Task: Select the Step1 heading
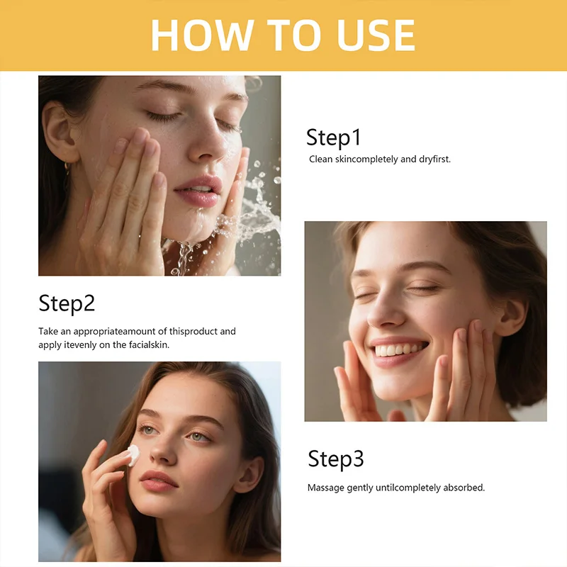click(x=334, y=137)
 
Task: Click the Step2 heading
click(x=67, y=303)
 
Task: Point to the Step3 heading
click(x=335, y=459)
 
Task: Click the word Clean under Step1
click(x=321, y=159)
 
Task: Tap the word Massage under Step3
click(x=325, y=488)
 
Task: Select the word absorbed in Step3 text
click(x=464, y=488)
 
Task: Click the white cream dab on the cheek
click(x=133, y=455)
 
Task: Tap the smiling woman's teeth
click(x=400, y=349)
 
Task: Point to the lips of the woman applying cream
click(x=159, y=481)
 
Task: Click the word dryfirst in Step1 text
click(x=434, y=159)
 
